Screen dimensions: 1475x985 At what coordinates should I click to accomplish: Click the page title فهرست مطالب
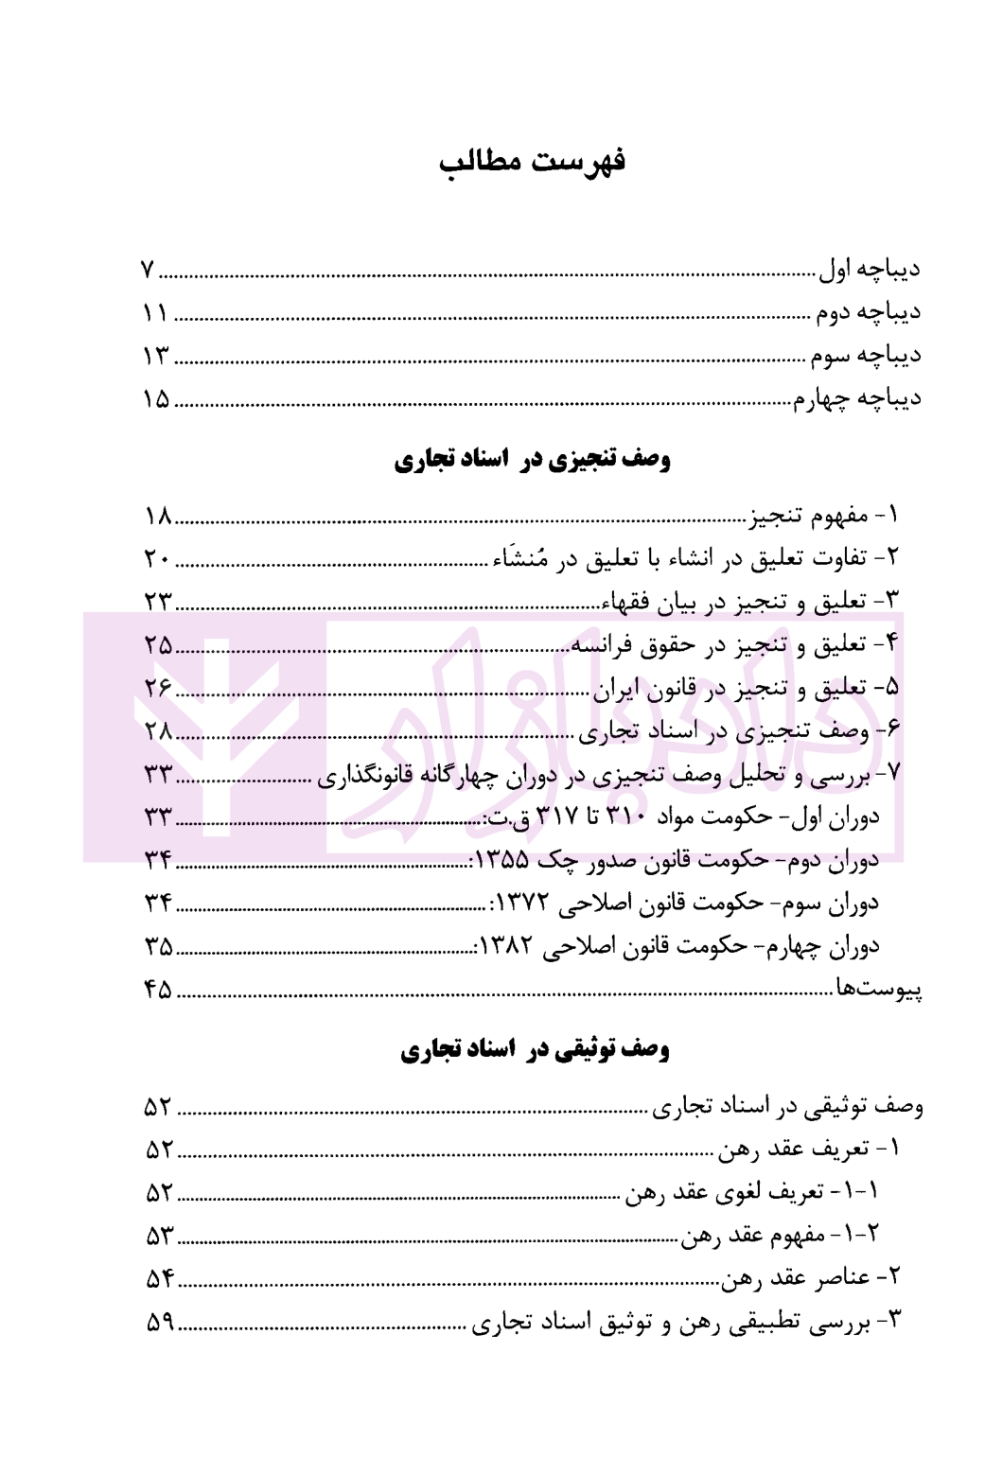532,162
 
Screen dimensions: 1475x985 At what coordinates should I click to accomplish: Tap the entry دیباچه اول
869,270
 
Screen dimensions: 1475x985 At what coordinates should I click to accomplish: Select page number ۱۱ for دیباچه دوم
156,313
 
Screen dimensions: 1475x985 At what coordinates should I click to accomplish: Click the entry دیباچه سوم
864,356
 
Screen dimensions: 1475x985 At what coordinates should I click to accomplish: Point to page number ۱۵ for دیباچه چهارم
156,398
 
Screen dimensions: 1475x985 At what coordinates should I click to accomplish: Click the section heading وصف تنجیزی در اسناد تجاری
532,461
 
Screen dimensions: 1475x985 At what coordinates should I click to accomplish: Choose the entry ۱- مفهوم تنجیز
822,517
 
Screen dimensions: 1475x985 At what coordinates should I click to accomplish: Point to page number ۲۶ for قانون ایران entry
158,688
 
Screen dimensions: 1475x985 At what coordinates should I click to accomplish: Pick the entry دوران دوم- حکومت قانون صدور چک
675,860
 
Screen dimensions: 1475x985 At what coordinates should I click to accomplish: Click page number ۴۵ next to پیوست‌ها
158,990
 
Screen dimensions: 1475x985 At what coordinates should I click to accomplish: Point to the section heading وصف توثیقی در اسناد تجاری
535,1049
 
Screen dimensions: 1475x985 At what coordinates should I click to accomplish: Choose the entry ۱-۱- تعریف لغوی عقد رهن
752,1193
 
